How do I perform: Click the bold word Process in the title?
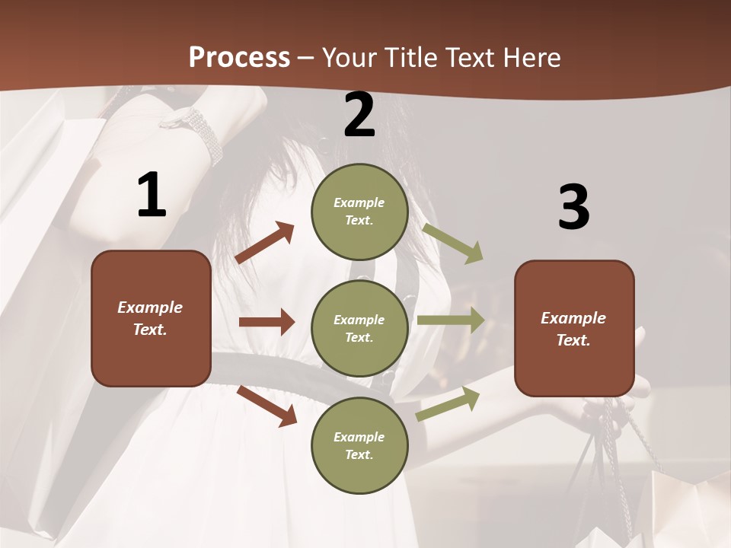[239, 58]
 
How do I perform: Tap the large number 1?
[152, 196]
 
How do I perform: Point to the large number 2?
[359, 115]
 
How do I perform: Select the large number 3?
[573, 207]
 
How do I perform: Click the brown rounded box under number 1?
[151, 318]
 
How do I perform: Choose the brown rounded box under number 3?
[574, 328]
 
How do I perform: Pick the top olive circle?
[359, 212]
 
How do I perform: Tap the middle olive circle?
[359, 328]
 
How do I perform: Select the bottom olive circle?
[359, 445]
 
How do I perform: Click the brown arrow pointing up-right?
[265, 243]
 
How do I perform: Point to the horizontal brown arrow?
[267, 322]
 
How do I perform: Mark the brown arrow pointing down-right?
[267, 406]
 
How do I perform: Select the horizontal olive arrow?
[451, 320]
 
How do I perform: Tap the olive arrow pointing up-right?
[448, 404]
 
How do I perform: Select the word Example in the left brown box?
[150, 307]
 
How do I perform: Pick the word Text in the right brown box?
[573, 340]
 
